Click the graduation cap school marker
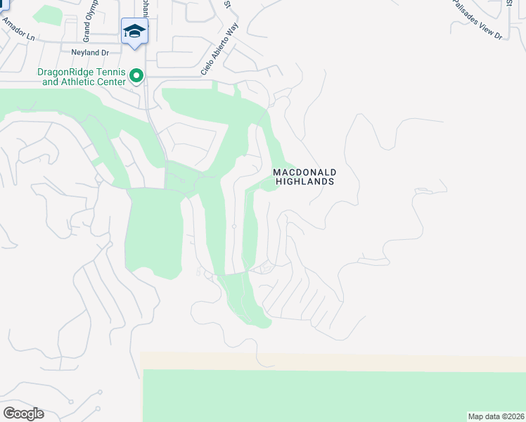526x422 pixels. [134, 31]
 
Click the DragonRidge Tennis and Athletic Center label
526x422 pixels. [84, 77]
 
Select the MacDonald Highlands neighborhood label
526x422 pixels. [304, 177]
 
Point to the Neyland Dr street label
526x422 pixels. [86, 52]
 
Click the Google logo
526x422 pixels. [23, 413]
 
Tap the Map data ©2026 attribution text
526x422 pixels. [496, 416]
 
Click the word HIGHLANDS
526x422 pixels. [304, 181]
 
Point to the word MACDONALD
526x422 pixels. [304, 172]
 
